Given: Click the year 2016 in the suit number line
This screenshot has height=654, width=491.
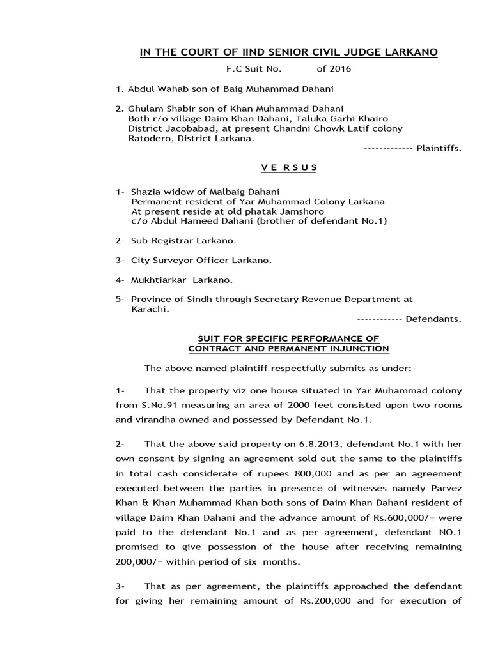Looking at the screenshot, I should (x=339, y=68).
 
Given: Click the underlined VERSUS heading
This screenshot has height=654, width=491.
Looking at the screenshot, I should (x=288, y=167).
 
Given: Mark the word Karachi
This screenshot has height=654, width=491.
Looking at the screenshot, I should (x=148, y=308).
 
